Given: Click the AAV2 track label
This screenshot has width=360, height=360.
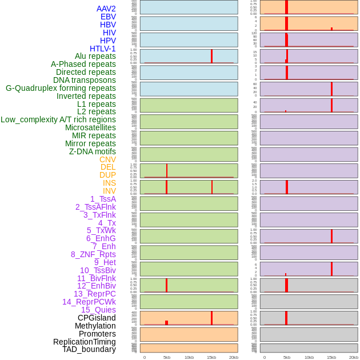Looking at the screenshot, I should click(106, 9).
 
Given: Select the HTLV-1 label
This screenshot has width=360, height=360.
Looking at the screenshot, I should click(103, 49).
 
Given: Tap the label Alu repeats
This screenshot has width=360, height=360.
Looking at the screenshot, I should click(95, 56).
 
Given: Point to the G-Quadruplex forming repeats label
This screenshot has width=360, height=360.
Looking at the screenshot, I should click(61, 88).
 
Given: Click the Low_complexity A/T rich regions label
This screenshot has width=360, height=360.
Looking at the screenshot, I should click(58, 119).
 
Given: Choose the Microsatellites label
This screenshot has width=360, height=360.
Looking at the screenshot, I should click(90, 127).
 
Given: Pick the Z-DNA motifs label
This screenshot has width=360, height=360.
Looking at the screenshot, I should click(93, 151).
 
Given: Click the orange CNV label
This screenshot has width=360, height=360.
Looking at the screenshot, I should click(107, 159).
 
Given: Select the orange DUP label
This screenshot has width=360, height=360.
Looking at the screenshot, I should click(107, 175).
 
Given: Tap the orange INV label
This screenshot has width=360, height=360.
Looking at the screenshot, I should click(109, 191).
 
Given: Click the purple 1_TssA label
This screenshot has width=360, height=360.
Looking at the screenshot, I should click(103, 199).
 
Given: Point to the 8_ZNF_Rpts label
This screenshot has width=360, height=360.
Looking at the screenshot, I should click(93, 254).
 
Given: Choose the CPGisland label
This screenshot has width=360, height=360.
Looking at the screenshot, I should click(97, 318).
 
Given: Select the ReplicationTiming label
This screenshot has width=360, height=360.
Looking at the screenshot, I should click(85, 342).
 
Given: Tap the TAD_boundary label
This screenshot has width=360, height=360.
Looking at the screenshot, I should click(89, 349).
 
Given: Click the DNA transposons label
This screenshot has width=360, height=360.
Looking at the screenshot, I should click(85, 80).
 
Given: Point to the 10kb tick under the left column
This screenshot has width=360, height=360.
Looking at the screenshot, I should click(189, 357).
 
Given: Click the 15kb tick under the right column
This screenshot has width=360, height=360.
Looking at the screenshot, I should click(331, 357).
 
